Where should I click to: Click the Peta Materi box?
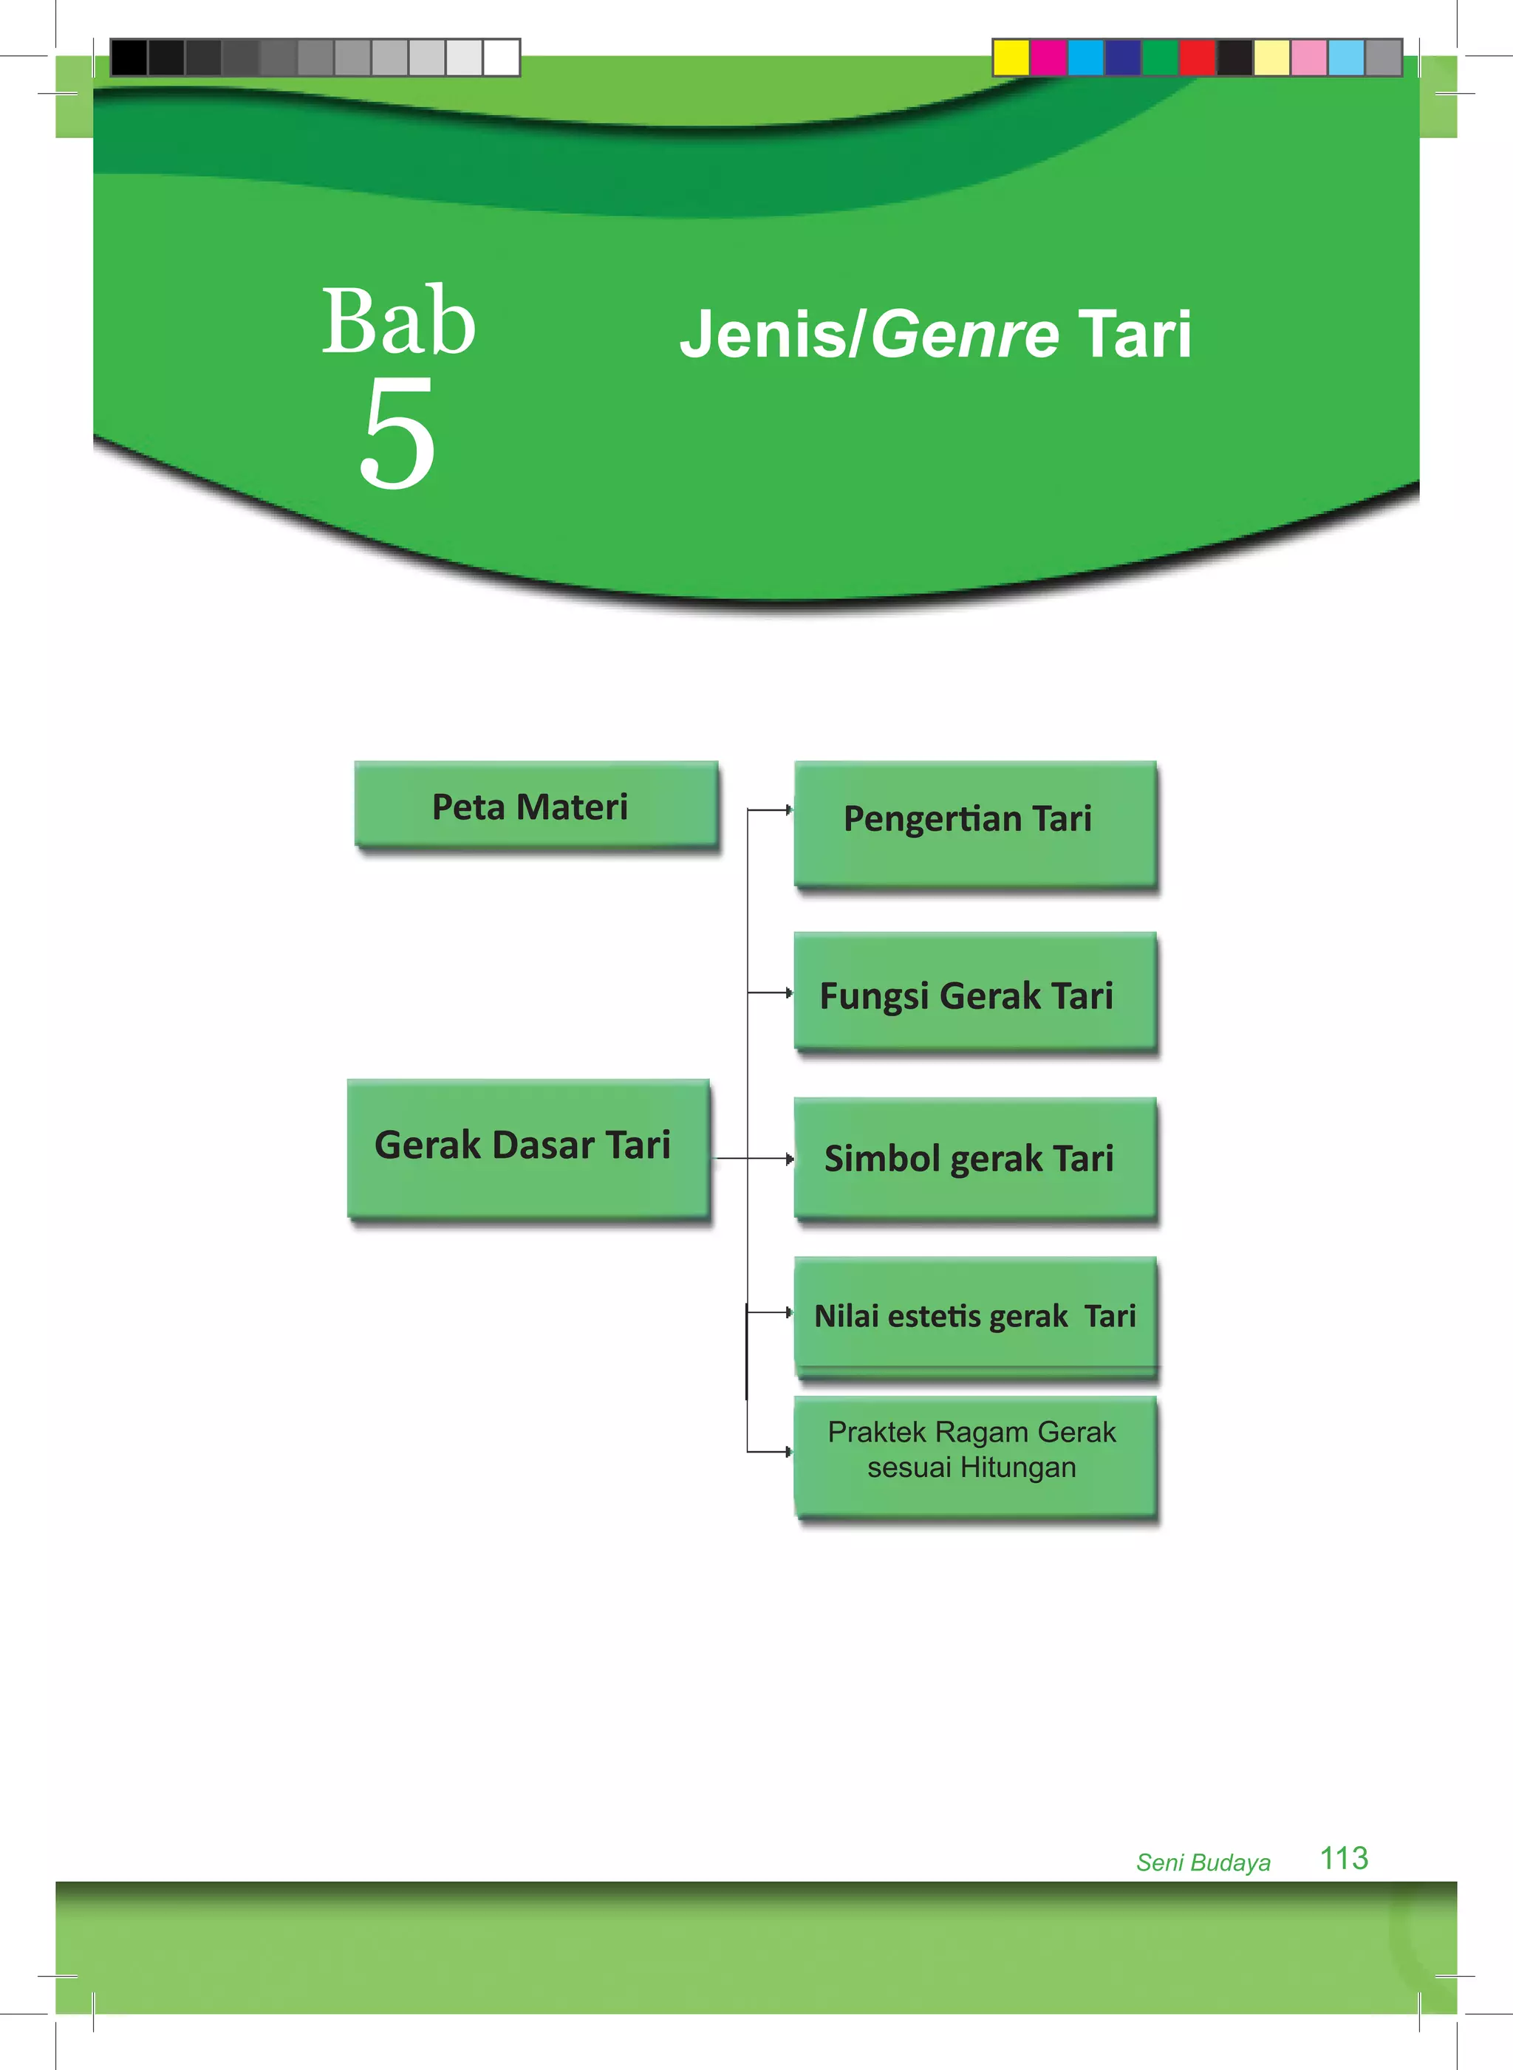536,806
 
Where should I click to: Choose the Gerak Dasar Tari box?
527,1148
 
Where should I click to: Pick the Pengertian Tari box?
974,822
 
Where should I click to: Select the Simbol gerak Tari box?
974,1157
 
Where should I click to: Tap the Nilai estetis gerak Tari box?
974,1315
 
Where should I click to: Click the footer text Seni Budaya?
1203,1862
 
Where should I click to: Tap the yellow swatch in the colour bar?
1011,57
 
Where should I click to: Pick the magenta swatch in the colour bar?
1048,57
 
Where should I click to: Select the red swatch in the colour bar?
1197,57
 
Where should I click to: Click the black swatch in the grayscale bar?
129,57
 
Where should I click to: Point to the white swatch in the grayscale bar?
501,57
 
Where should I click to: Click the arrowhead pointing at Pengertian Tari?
788,809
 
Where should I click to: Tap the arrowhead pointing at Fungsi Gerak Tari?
788,993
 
